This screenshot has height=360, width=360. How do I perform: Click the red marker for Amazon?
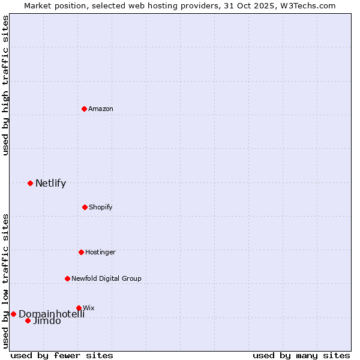click(85, 109)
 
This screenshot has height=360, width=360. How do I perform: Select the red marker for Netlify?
click(30, 183)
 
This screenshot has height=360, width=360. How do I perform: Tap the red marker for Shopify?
click(85, 207)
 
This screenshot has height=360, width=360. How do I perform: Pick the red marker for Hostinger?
click(81, 252)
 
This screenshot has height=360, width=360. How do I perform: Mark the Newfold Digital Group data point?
click(67, 278)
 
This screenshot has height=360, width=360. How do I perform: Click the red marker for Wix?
click(79, 308)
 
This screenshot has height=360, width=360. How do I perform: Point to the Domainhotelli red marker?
click(13, 314)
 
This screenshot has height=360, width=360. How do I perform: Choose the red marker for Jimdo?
click(28, 320)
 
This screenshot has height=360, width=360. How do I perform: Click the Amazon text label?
click(101, 109)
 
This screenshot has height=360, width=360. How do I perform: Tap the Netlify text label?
click(50, 184)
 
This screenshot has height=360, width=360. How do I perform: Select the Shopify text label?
click(101, 207)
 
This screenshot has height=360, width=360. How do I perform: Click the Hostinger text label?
click(100, 252)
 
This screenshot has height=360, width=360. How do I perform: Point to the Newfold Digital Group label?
click(106, 278)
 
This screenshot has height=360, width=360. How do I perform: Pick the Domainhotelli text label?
click(52, 314)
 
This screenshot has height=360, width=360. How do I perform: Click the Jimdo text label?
click(47, 321)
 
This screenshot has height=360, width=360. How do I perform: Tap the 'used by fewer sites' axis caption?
click(62, 355)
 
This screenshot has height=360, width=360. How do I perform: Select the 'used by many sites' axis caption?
click(301, 355)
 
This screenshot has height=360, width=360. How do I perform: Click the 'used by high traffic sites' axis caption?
click(6, 85)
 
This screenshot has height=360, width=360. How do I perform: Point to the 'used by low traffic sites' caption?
click(6, 280)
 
